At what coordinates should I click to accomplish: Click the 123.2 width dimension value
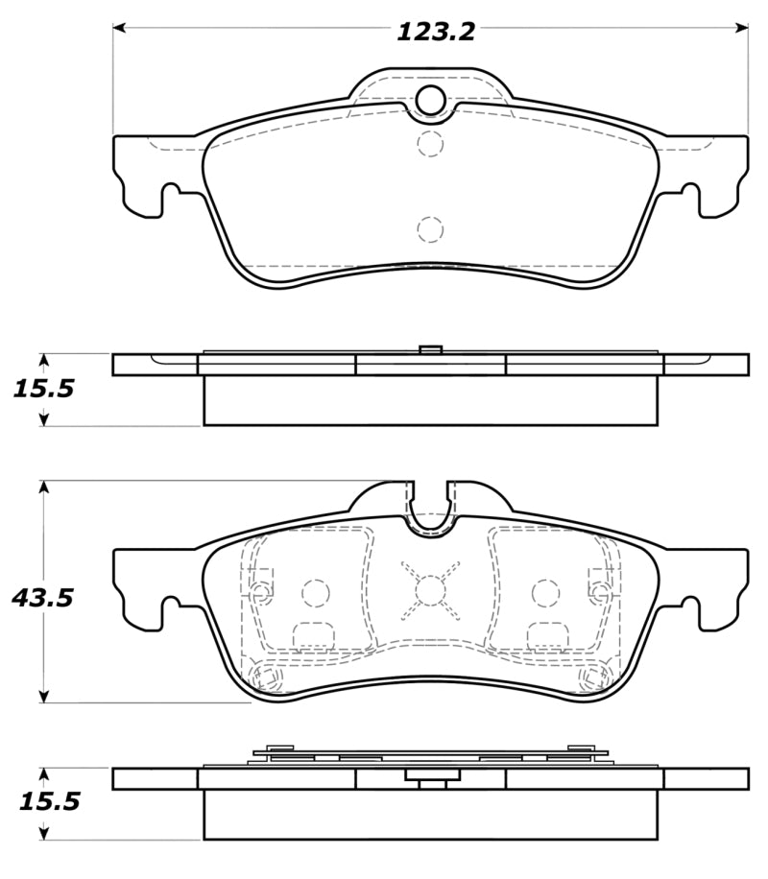point(436,32)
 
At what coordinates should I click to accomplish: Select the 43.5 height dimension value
point(42,598)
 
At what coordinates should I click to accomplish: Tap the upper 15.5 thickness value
point(43,390)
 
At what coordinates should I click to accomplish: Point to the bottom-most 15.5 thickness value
point(43,802)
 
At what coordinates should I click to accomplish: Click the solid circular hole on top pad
point(431,99)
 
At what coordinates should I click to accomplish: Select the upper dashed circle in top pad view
point(431,144)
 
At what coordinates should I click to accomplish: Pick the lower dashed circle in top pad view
point(431,229)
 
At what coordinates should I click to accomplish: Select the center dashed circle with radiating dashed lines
point(431,587)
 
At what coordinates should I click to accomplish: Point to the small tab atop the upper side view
point(431,349)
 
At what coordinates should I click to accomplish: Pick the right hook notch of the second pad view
point(688,606)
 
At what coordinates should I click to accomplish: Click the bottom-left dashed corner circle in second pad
point(268,678)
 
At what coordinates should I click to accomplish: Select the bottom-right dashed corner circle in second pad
point(593,678)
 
